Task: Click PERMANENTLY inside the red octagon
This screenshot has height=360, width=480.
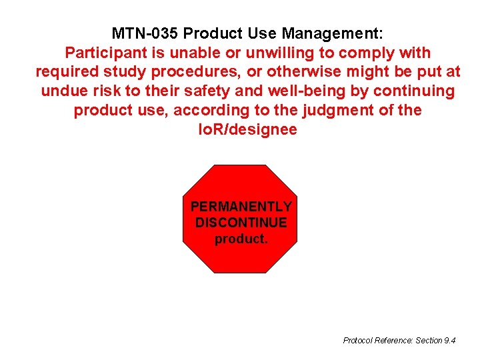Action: click(241, 207)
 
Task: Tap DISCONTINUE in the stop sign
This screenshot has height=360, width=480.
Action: click(241, 222)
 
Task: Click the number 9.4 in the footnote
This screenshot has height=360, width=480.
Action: click(449, 341)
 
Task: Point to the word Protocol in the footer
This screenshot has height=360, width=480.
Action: click(358, 341)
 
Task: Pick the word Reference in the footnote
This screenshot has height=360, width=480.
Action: click(394, 341)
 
